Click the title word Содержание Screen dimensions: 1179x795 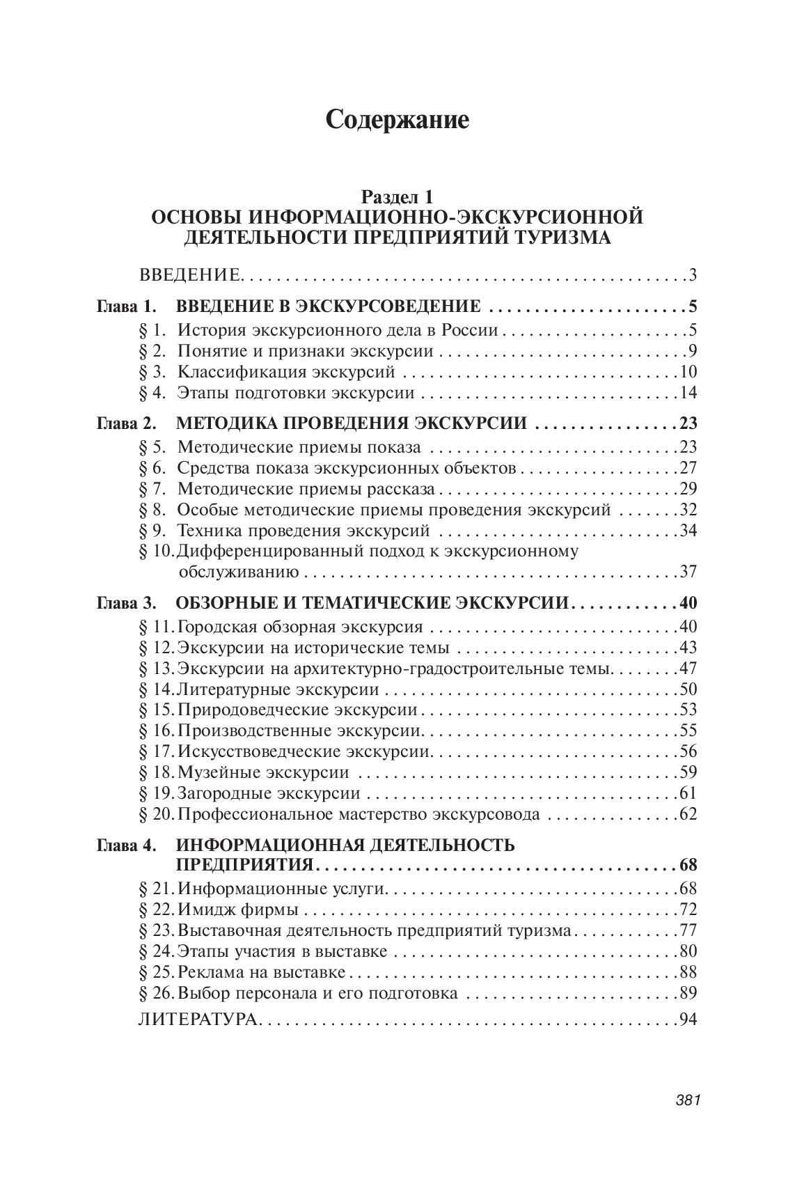pyautogui.click(x=397, y=120)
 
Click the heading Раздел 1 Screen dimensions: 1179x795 pyautogui.click(x=397, y=198)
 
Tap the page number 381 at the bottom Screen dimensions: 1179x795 pyautogui.click(x=686, y=1100)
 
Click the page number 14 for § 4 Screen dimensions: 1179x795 pyautogui.click(x=688, y=393)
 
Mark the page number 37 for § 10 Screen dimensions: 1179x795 pyautogui.click(x=688, y=572)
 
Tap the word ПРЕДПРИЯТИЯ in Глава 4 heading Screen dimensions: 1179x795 pyautogui.click(x=243, y=866)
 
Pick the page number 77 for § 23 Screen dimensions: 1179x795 pyautogui.click(x=688, y=930)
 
